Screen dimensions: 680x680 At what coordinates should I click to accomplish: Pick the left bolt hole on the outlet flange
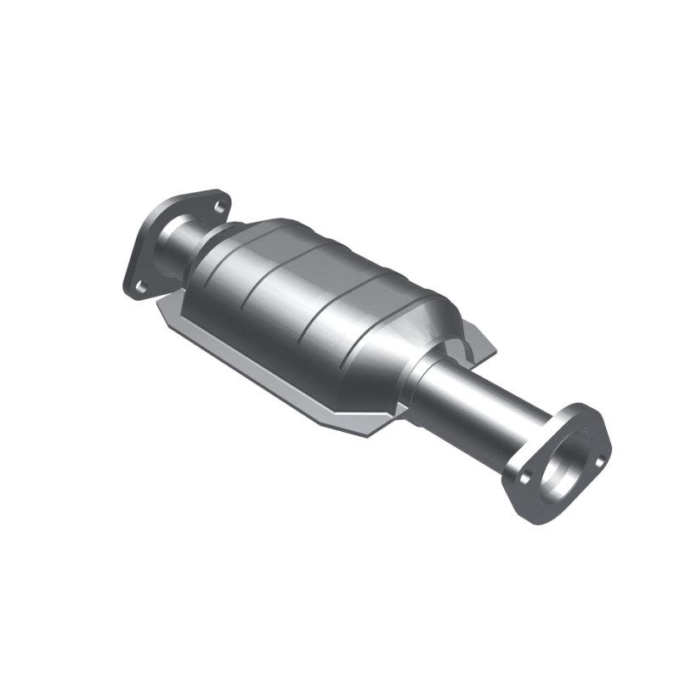[x=524, y=479]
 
